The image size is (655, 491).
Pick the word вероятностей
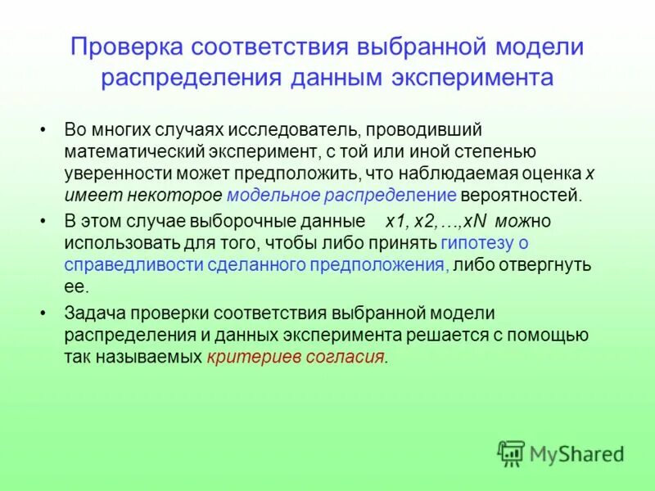tap(521, 195)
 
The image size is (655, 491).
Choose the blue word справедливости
tap(122, 264)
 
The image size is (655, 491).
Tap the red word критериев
tap(247, 357)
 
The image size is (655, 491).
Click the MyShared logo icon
tap(511, 453)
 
